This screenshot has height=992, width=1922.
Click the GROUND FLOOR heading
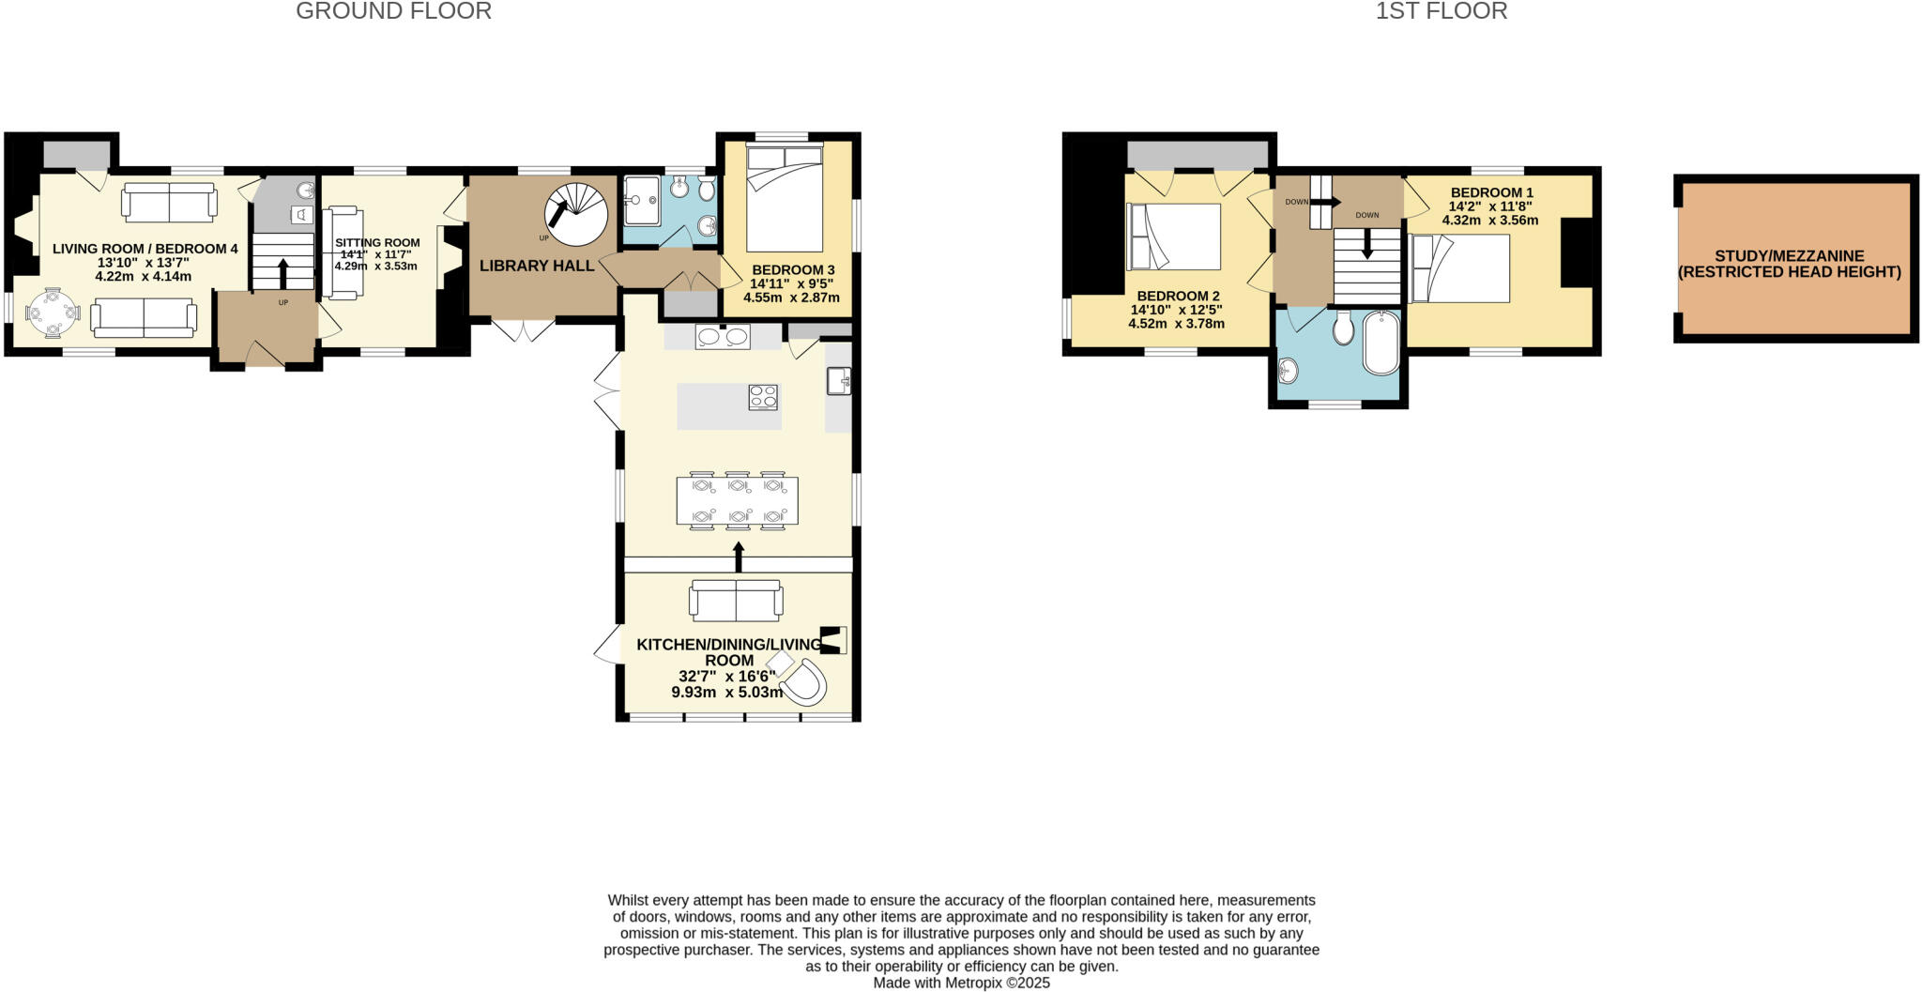[393, 11]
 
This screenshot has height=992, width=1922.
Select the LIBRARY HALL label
[537, 266]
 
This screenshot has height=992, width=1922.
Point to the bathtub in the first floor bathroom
[1380, 343]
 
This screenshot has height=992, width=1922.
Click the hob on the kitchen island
[763, 398]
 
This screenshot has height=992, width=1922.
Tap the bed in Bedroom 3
[785, 197]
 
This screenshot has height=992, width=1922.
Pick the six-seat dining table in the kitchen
[738, 501]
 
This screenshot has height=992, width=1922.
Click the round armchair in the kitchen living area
[805, 682]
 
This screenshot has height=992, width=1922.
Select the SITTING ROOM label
[377, 242]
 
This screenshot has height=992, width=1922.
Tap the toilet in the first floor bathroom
[1343, 328]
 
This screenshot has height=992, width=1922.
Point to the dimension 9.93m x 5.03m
[726, 693]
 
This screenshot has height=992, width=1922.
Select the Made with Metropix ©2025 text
[961, 983]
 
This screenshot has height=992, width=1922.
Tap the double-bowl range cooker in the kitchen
[723, 336]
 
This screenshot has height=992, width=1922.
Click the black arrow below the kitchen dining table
[739, 557]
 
